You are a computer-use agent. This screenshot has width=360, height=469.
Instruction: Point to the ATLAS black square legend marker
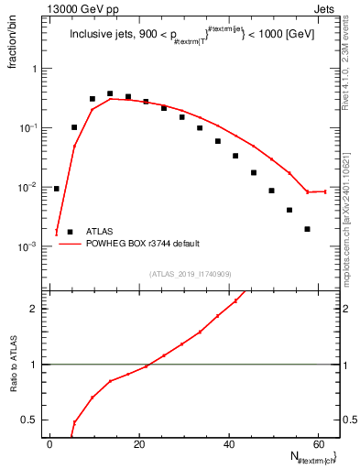click(x=70, y=232)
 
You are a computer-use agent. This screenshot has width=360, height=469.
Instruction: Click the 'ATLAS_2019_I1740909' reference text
click(x=190, y=274)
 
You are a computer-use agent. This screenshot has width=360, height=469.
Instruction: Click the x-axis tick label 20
click(x=139, y=444)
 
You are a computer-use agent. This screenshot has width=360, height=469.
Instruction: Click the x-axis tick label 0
click(x=50, y=444)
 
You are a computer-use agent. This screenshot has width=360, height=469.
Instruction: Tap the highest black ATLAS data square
click(x=110, y=93)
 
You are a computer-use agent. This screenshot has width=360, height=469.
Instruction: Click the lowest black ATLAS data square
click(x=307, y=229)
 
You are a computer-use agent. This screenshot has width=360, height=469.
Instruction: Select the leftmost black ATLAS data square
click(x=56, y=189)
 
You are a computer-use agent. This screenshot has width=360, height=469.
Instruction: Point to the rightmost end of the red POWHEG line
click(x=325, y=191)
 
